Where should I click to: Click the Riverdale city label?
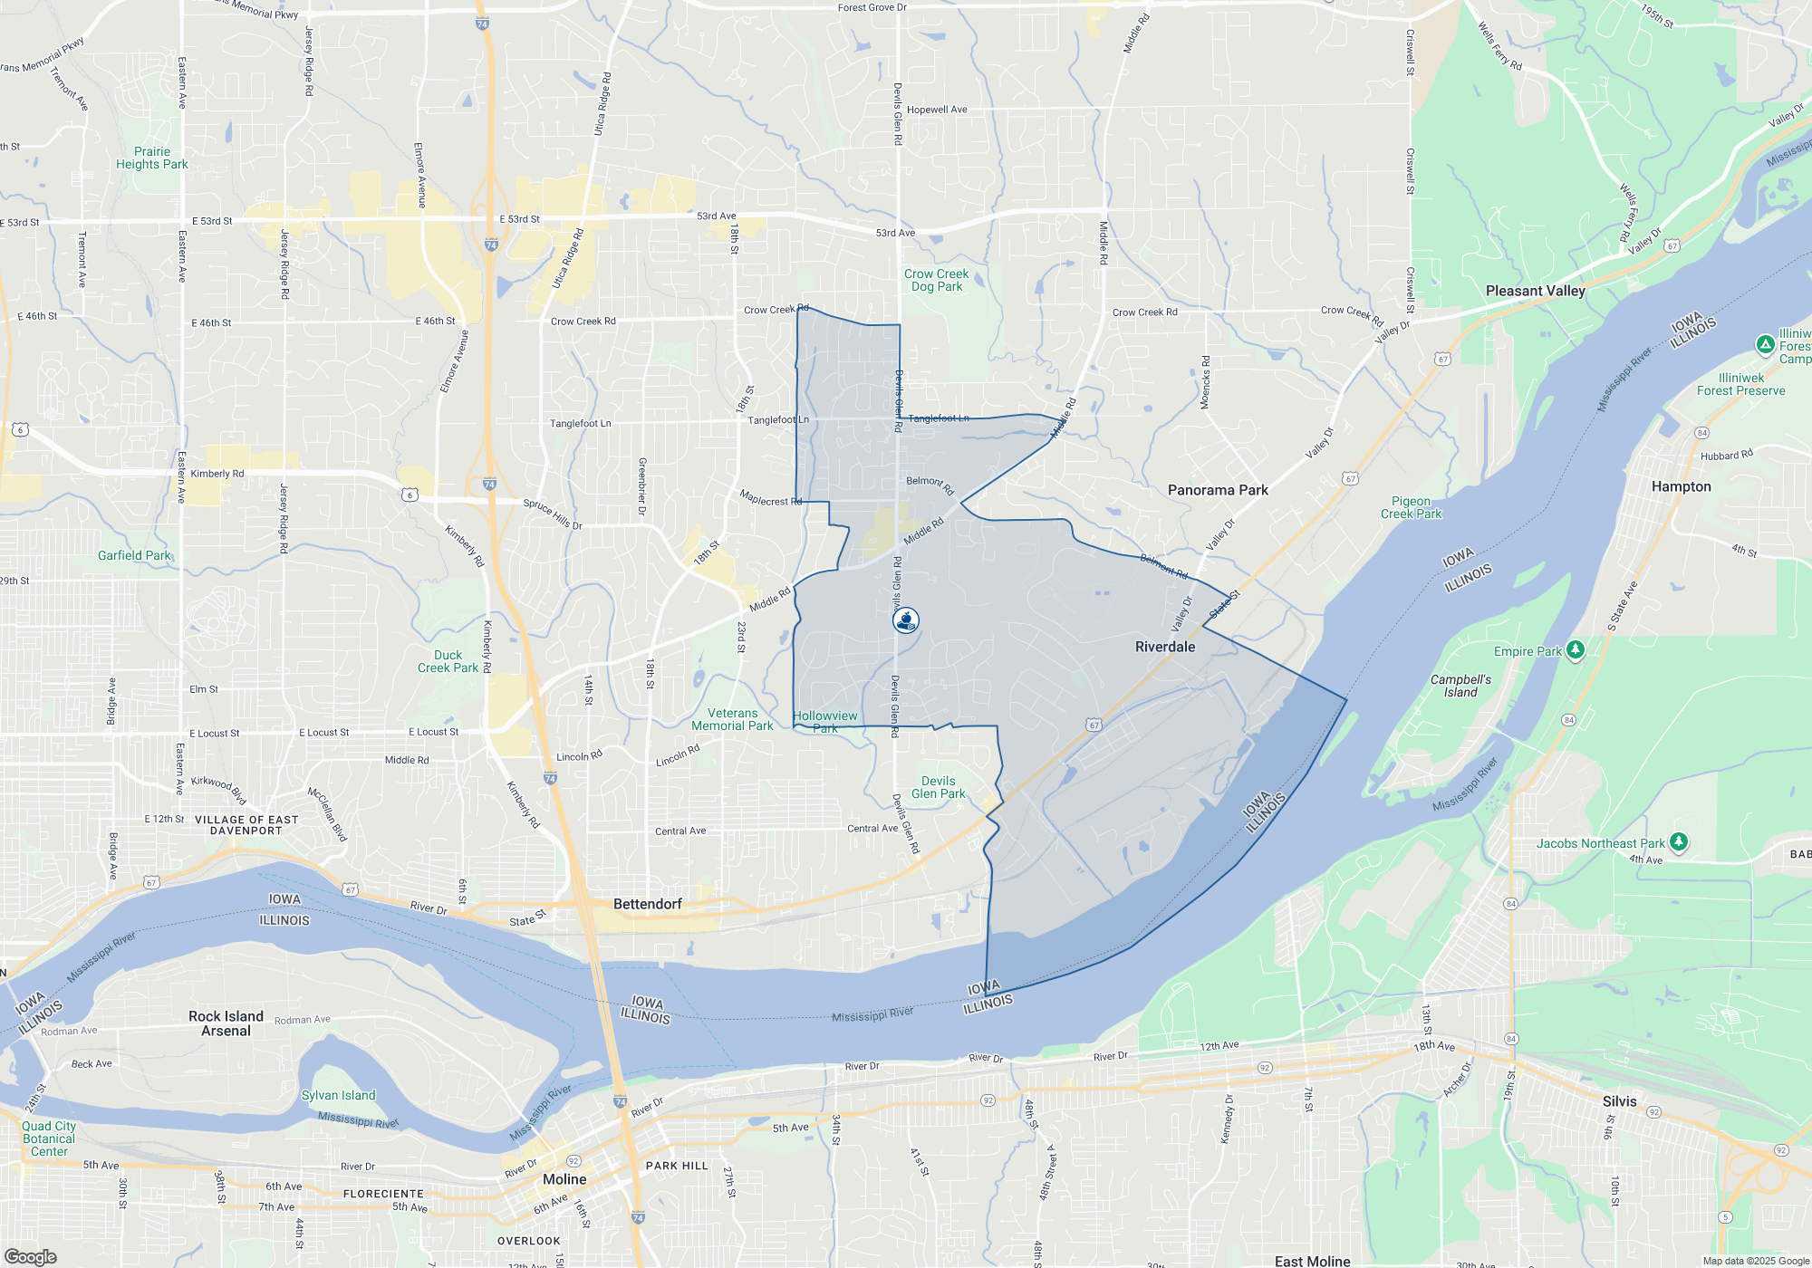tap(1165, 647)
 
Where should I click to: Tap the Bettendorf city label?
tap(647, 904)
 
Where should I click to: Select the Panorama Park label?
tap(1218, 490)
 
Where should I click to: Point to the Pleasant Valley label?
tap(1535, 291)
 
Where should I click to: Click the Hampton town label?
tap(1681, 486)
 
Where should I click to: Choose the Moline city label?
tap(564, 1179)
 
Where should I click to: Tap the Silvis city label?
tap(1619, 1101)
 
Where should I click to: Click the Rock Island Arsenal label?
tap(226, 1023)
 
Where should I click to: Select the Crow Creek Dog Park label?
tap(936, 280)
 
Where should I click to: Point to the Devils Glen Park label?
tap(938, 787)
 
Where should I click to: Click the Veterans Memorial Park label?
tap(732, 719)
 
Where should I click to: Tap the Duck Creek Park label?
tap(448, 661)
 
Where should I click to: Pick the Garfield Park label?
tap(134, 555)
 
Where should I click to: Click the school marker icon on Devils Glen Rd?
tap(905, 620)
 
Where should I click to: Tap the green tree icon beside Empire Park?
tap(1576, 649)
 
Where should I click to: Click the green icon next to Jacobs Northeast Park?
tap(1678, 842)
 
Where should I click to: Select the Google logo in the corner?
tap(30, 1256)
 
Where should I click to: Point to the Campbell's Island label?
tap(1460, 686)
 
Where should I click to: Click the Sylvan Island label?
tap(338, 1095)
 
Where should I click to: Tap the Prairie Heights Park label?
tap(151, 158)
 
